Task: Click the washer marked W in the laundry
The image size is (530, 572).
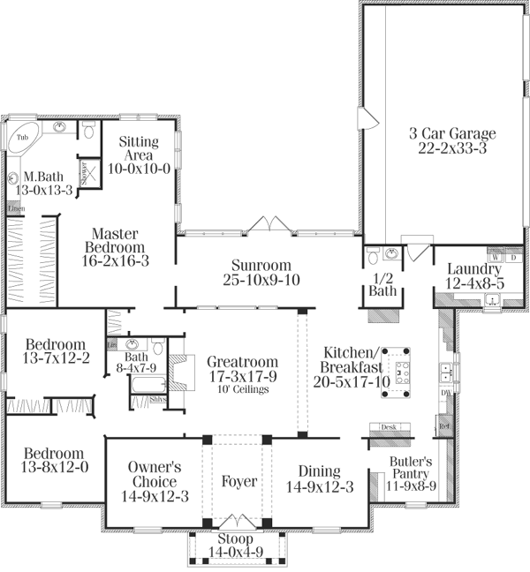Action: (x=496, y=258)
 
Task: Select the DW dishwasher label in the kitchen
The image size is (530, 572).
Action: (x=446, y=392)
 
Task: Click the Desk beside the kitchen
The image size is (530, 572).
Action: (x=388, y=427)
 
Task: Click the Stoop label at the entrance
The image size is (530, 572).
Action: (x=234, y=538)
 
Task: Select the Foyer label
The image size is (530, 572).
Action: (x=239, y=482)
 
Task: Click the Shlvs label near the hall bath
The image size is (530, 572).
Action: (x=160, y=398)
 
